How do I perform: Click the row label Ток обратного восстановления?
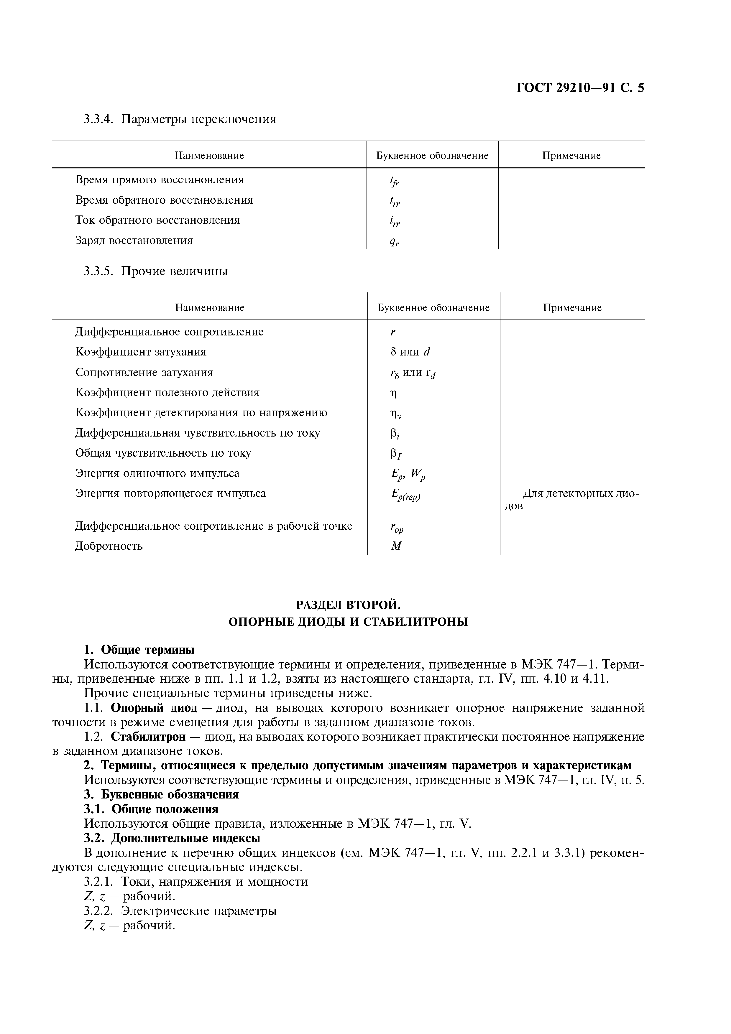(158, 220)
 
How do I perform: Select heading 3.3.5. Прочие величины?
(156, 271)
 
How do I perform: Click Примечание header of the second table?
(572, 308)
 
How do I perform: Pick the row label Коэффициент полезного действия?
(167, 392)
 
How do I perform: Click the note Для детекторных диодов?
(572, 499)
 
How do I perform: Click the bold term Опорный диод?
(154, 708)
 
